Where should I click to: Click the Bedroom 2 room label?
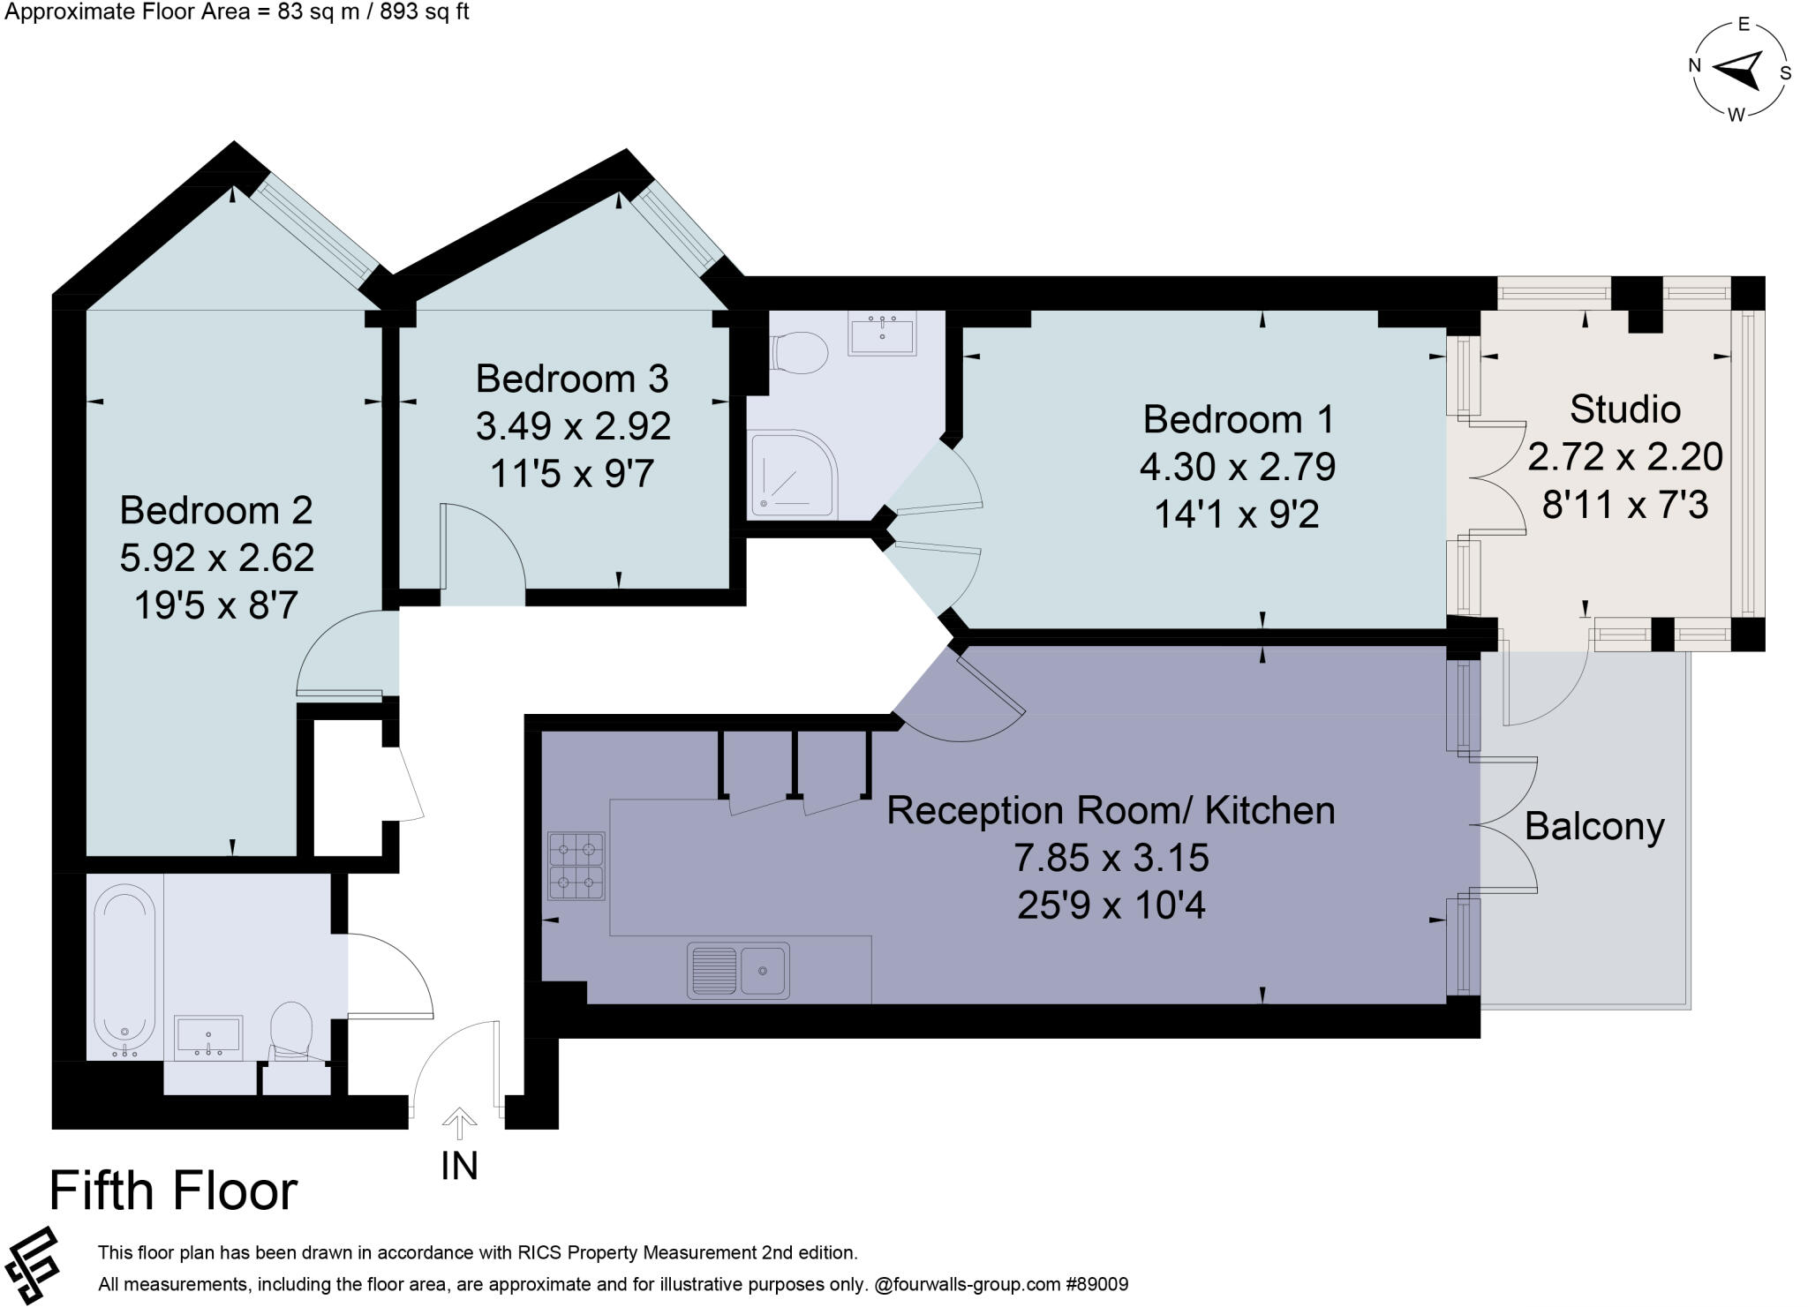coord(216,510)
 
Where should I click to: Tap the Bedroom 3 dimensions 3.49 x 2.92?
coord(574,426)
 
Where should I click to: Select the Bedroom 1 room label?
coord(1239,419)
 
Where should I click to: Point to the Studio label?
coord(1625,409)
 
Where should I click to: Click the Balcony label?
coord(1594,826)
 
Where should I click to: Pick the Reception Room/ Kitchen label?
coord(1111,810)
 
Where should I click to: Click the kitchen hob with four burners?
coord(576,866)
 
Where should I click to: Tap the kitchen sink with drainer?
coord(739,970)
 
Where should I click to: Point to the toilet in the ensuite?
coord(799,353)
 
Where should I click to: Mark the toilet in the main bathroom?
coord(291,1031)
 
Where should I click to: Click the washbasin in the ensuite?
coord(882,333)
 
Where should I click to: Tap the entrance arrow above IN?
coord(459,1125)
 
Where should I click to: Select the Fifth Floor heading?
coord(174,1191)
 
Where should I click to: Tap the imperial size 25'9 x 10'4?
coord(1111,905)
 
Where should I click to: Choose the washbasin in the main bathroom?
coord(208,1038)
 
